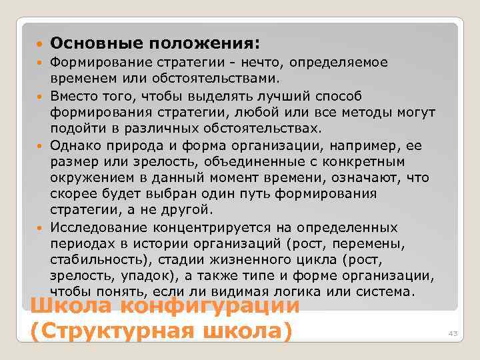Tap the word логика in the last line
pyautogui.click(x=323, y=292)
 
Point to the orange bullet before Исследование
pyautogui.click(x=40, y=227)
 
